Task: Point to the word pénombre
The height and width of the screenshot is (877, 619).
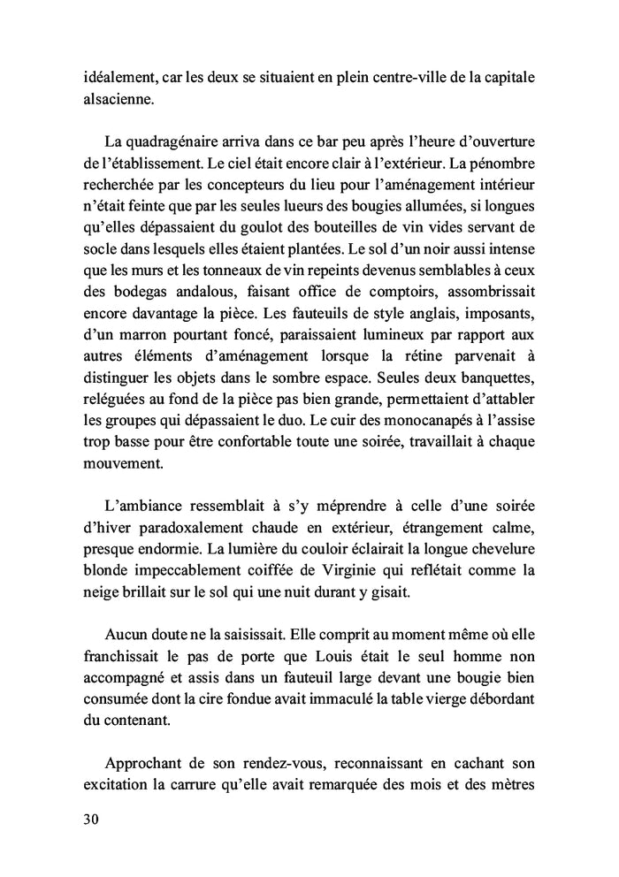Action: (x=503, y=164)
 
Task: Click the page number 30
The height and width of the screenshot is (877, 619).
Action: (x=91, y=819)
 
